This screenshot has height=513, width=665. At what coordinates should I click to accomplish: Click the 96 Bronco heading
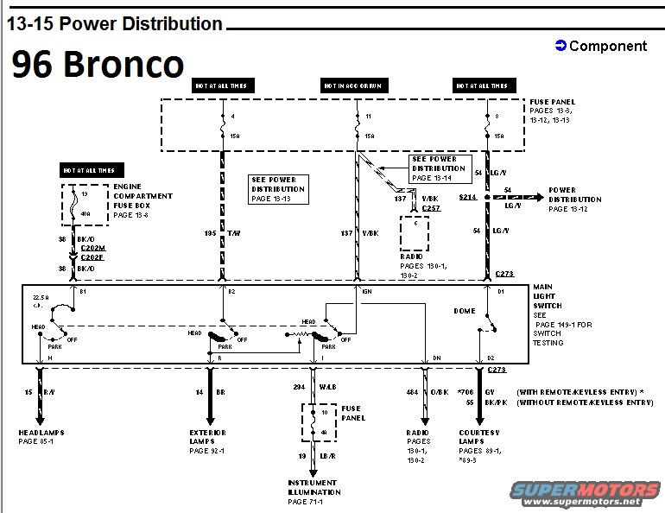coord(98,65)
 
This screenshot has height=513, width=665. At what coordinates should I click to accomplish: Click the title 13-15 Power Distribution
coord(115,24)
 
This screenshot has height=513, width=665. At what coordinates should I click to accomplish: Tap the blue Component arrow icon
coord(560,46)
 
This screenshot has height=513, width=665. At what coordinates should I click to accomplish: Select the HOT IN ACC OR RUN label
coord(354,85)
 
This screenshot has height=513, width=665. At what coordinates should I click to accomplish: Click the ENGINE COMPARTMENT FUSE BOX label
coord(143,196)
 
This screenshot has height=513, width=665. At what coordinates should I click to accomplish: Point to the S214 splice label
coord(467,197)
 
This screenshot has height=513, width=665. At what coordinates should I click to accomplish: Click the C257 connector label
coord(431,208)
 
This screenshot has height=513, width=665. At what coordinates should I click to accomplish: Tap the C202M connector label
coord(92,247)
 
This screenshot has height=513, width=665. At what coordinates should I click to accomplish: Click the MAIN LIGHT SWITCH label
coord(548,296)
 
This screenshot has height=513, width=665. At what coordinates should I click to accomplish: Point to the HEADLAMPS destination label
coord(41,432)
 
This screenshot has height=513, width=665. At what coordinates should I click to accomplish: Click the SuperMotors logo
coord(587,493)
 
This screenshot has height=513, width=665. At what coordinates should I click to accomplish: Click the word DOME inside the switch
coord(464,310)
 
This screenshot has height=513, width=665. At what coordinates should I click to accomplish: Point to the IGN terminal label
coord(367,292)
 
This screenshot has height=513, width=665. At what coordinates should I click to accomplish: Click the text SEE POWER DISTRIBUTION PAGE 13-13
coord(278,188)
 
